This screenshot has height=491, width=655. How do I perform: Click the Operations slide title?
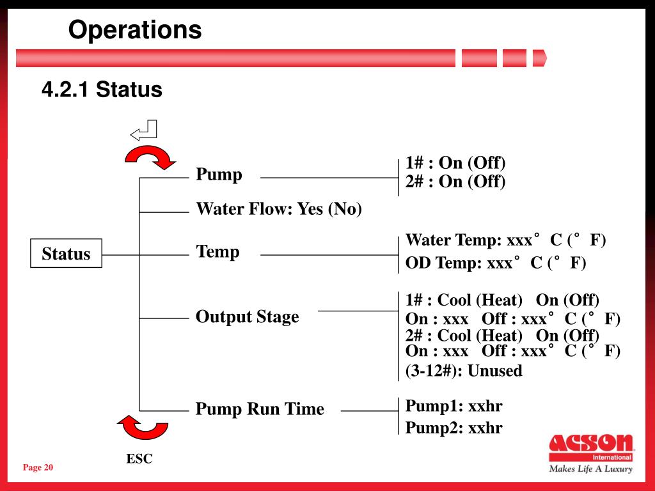[135, 30]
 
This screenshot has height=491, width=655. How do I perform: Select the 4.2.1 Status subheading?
[102, 90]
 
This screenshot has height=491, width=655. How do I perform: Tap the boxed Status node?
[66, 254]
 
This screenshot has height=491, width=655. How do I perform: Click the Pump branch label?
[219, 175]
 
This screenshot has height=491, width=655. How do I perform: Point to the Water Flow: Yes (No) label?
[279, 209]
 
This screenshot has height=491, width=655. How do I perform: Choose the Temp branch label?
[217, 251]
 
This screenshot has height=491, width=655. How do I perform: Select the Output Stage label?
[247, 316]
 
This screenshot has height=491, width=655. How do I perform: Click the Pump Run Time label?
[260, 409]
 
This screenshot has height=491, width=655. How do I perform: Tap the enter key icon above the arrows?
[144, 130]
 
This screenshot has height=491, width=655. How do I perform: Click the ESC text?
[139, 458]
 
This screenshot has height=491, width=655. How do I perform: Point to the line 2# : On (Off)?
[455, 182]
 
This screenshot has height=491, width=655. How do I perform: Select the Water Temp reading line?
[505, 240]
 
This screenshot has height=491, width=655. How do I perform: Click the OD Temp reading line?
[496, 263]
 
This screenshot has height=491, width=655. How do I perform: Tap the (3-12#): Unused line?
[464, 371]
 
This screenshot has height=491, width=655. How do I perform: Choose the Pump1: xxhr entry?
[454, 406]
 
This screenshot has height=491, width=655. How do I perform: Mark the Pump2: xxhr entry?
[454, 428]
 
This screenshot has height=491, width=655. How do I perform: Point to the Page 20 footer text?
[38, 468]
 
